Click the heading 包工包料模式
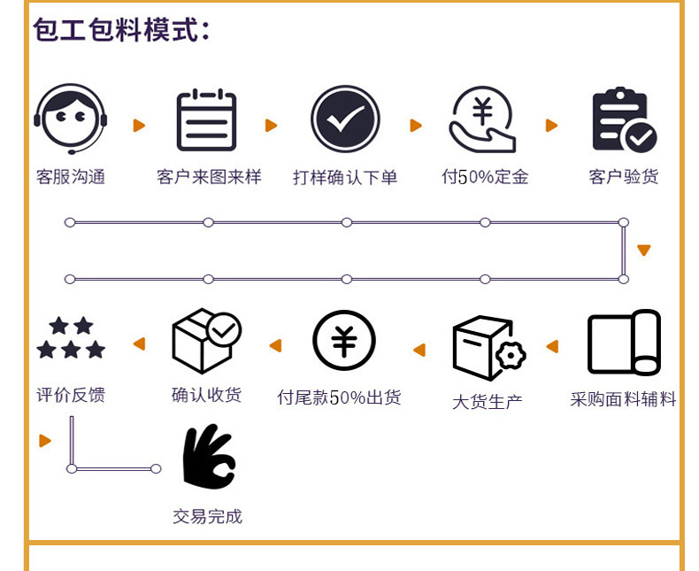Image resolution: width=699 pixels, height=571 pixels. click(x=122, y=30)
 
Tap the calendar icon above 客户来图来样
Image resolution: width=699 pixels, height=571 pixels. click(x=207, y=120)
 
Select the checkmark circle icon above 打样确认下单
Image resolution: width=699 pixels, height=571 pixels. click(x=345, y=120)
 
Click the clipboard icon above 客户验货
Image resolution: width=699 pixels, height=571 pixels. click(x=623, y=120)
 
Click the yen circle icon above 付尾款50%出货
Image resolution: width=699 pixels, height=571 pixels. click(x=344, y=342)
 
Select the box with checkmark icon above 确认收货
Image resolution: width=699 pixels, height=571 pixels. click(x=205, y=341)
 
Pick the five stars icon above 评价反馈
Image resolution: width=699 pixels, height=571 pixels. click(x=71, y=339)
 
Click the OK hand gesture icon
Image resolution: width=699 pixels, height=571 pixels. click(x=208, y=456)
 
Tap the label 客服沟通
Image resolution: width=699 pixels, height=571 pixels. click(x=71, y=177)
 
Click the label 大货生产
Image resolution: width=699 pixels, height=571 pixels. click(x=488, y=402)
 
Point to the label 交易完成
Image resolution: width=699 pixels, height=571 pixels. click(x=207, y=516)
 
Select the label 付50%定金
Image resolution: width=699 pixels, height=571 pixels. click(x=485, y=177)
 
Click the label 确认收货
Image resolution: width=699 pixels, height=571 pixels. click(x=206, y=395)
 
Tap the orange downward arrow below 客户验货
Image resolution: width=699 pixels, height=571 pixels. click(x=643, y=251)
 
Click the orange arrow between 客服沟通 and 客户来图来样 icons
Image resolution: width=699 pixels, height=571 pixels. click(x=139, y=126)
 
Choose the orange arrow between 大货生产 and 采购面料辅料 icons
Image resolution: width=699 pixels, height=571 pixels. click(x=552, y=346)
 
